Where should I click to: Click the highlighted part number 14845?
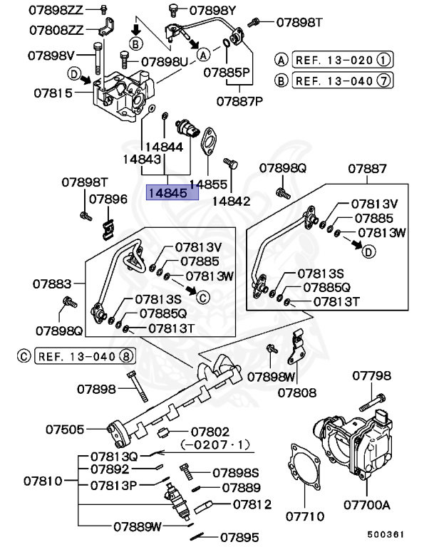167,192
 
